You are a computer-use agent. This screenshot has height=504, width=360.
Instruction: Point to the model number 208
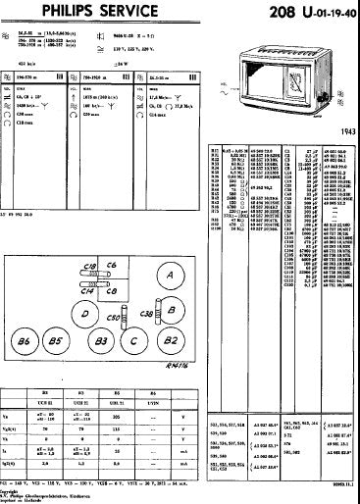(271, 12)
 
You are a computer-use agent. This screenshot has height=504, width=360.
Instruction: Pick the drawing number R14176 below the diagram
(174, 367)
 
